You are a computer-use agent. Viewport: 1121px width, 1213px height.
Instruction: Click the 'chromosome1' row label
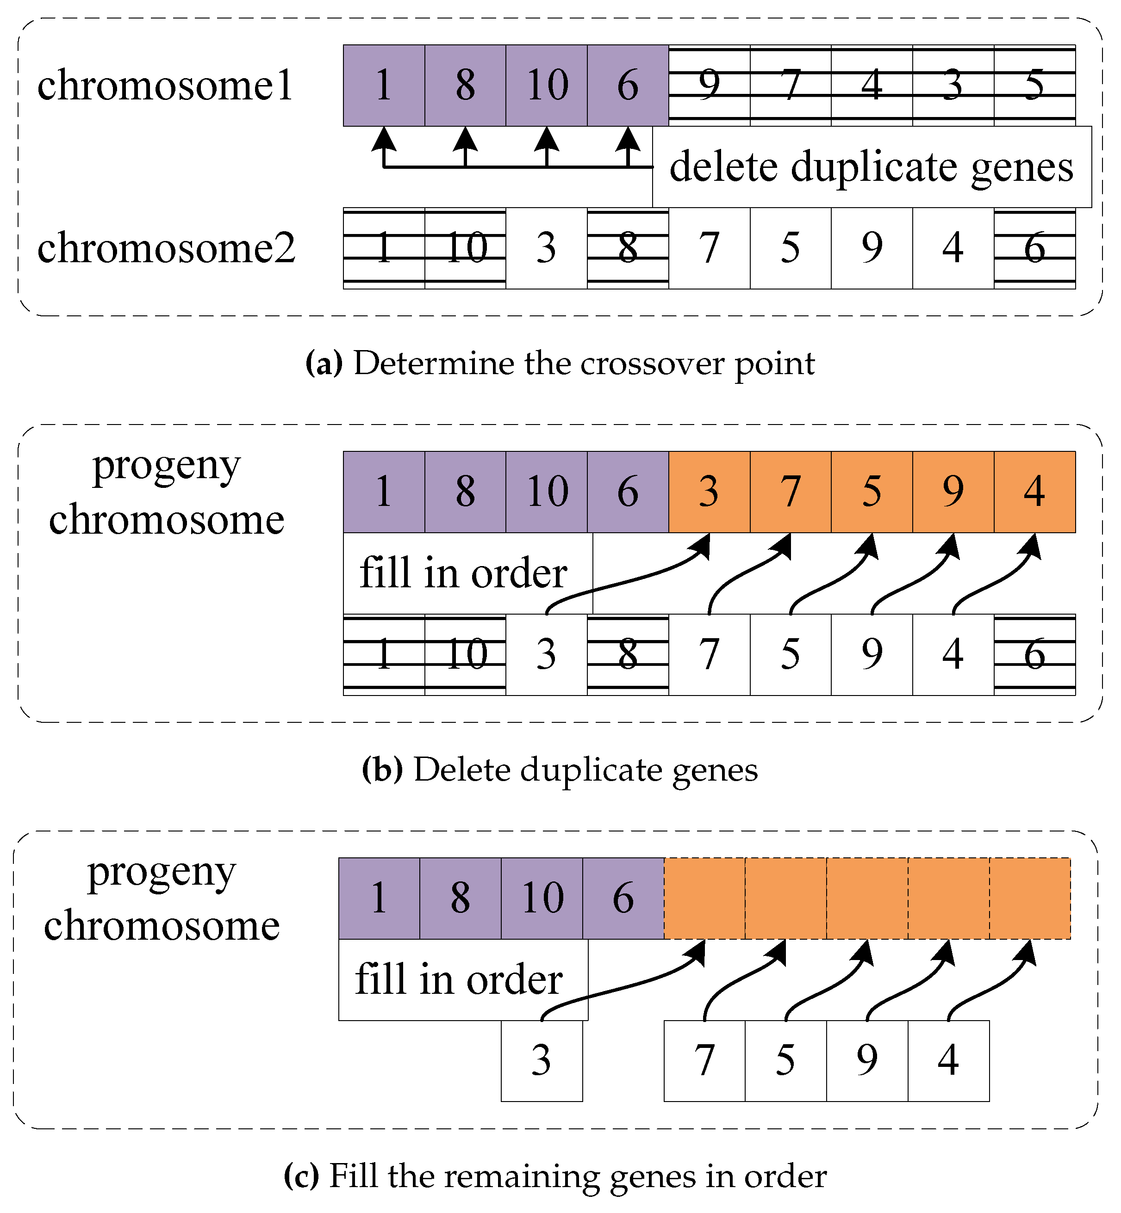click(x=165, y=85)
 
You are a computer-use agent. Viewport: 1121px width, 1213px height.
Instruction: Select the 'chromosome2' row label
click(x=166, y=248)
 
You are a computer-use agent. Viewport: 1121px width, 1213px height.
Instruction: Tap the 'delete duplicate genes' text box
click(x=871, y=166)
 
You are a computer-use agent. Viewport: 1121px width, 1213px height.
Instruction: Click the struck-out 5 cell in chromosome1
click(x=1034, y=86)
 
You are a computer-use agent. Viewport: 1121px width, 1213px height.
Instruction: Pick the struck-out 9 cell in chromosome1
click(x=709, y=86)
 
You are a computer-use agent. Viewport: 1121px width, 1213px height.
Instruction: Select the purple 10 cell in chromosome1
click(x=547, y=86)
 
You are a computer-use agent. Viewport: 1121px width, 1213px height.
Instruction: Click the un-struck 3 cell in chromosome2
click(x=546, y=248)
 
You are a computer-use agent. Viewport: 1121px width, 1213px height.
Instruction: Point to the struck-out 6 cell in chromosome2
click(x=1034, y=248)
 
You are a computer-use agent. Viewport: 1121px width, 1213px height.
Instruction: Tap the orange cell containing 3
click(x=709, y=492)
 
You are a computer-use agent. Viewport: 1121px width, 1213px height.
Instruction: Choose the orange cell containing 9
click(x=953, y=492)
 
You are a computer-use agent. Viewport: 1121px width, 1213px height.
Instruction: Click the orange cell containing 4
click(x=1034, y=492)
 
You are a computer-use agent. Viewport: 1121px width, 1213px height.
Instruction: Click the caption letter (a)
click(x=324, y=364)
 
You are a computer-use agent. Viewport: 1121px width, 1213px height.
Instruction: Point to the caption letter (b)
click(x=382, y=770)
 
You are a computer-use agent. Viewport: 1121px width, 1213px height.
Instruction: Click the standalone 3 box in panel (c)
click(x=542, y=1061)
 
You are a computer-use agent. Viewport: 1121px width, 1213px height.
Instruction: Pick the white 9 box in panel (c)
click(x=867, y=1061)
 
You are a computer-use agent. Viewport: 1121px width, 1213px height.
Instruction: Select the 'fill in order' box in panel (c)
click(x=462, y=979)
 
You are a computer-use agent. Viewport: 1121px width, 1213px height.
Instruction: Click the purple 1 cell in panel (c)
click(x=379, y=898)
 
